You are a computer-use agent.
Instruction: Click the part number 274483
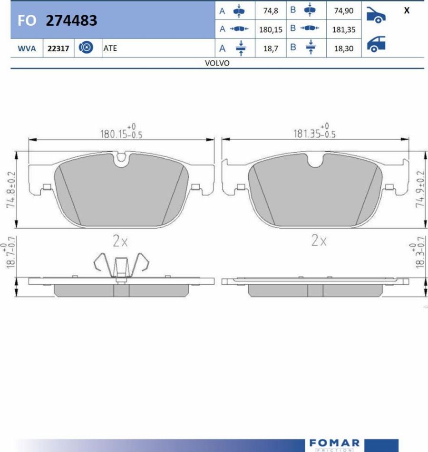click(x=71, y=20)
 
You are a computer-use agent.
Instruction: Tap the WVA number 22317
click(x=58, y=48)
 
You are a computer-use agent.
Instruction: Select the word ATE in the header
click(x=110, y=48)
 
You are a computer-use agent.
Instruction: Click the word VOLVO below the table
click(x=217, y=63)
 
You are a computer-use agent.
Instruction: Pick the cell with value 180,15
click(x=271, y=29)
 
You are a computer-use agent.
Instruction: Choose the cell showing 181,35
click(x=344, y=29)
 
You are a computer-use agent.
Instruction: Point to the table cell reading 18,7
click(x=271, y=48)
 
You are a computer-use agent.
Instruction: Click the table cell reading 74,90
click(x=344, y=10)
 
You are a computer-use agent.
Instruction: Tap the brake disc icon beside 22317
click(x=86, y=47)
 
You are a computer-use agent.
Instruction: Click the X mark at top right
click(x=407, y=10)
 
